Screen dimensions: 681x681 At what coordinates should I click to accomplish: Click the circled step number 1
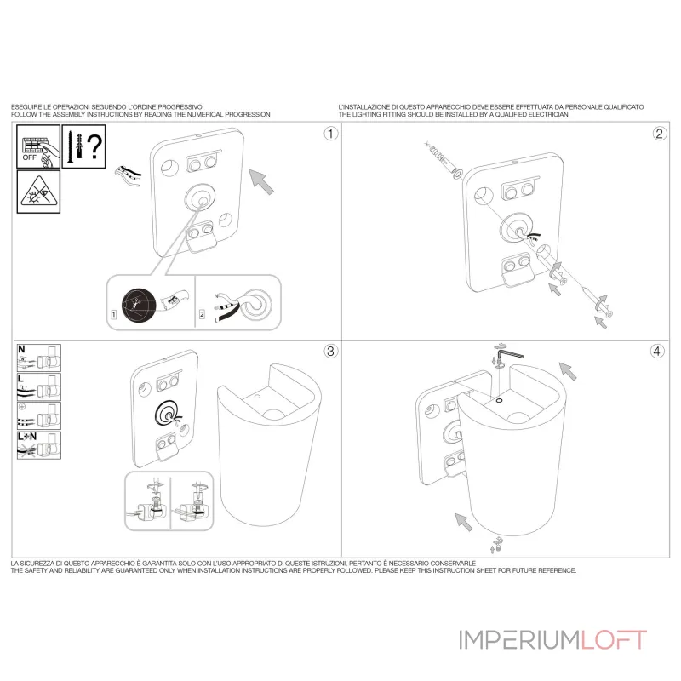pos(331,134)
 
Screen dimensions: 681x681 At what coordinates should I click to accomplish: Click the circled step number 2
pos(659,134)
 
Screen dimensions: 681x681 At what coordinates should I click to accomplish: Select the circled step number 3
pos(330,351)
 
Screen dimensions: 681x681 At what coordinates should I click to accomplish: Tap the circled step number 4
pos(656,351)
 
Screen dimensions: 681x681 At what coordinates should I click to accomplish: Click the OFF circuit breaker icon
pos(38,146)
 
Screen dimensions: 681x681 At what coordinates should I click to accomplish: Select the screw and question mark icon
pos(83,146)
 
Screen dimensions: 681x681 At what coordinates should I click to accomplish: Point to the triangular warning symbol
pos(38,192)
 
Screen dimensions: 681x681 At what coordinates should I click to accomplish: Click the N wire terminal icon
pos(38,358)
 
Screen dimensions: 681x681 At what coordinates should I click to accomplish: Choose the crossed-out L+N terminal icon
pos(38,445)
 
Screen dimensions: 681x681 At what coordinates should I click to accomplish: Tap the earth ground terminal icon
pos(38,416)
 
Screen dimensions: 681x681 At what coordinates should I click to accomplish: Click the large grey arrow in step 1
pos(261,181)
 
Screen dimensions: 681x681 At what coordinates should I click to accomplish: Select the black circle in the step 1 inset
pos(139,305)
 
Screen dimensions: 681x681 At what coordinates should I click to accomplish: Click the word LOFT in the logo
pos(614,640)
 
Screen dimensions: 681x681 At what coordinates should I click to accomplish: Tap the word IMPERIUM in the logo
pos(520,640)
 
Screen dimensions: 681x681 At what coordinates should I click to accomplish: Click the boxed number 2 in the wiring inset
pos(202,314)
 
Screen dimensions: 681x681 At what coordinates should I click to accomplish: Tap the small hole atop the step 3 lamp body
pos(257,396)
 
